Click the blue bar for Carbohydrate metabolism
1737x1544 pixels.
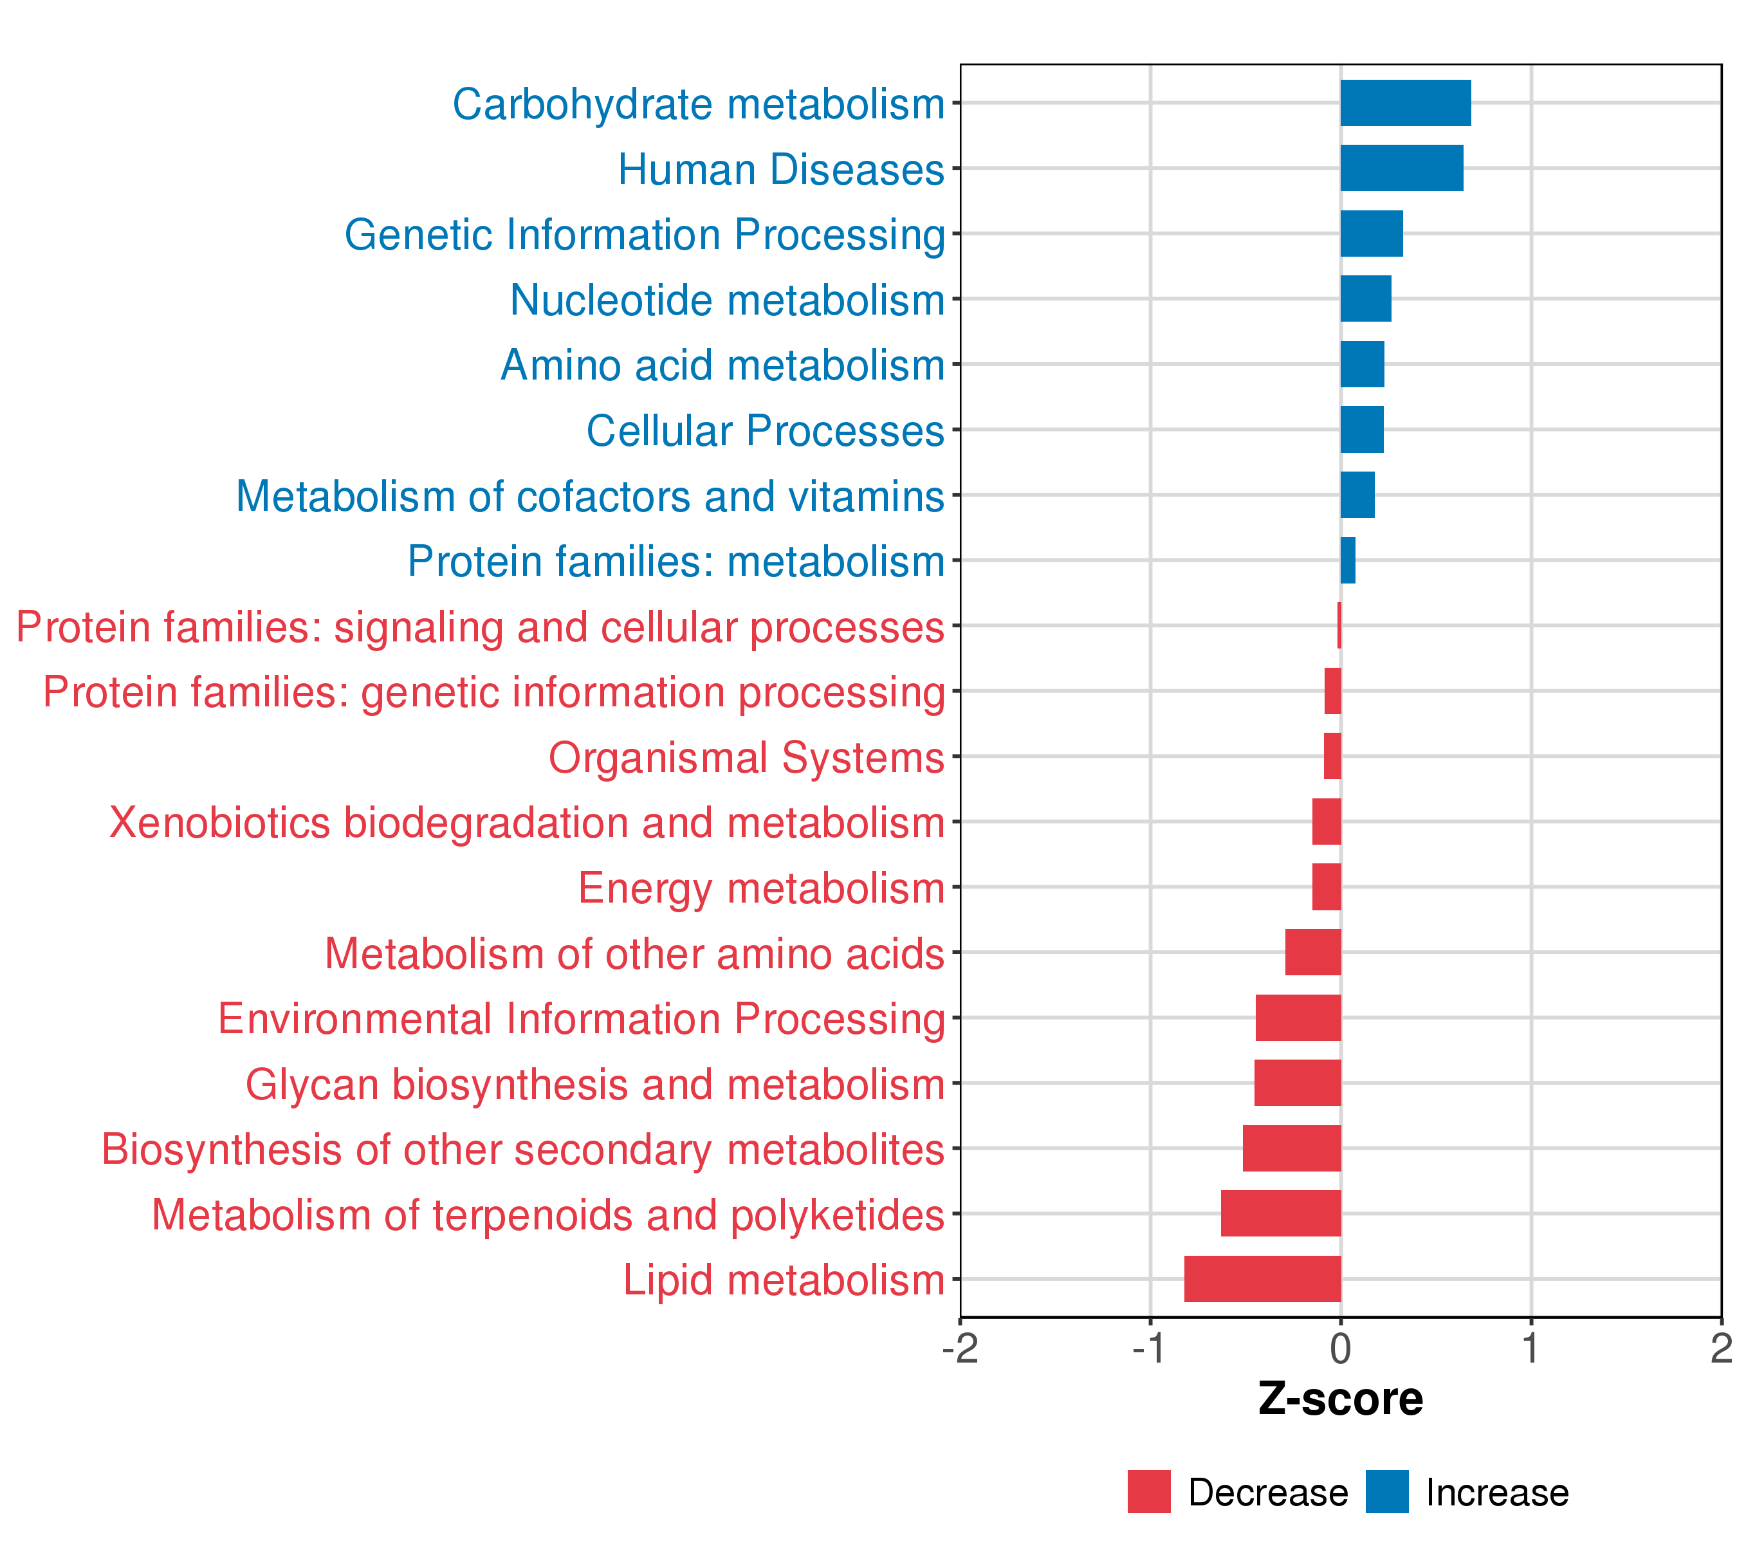coord(1406,103)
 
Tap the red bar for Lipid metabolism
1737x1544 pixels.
coord(1262,1278)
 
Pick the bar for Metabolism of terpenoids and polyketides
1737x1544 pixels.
coord(1281,1213)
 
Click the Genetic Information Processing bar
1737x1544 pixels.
coord(1372,234)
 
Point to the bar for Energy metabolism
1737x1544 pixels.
coord(1327,887)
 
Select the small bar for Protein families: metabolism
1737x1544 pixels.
coord(1348,560)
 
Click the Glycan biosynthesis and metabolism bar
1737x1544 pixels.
coord(1298,1083)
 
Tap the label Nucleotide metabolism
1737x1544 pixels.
coord(728,300)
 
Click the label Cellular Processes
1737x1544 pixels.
coord(765,431)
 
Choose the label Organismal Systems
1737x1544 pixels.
coord(746,757)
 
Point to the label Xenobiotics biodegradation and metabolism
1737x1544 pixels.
coord(527,823)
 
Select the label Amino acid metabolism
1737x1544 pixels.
coord(722,365)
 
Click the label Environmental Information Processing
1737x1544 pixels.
coord(582,1018)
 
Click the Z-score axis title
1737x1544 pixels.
coord(1340,1399)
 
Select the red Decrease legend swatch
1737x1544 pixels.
coord(1149,1491)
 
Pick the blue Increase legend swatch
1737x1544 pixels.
coord(1387,1491)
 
